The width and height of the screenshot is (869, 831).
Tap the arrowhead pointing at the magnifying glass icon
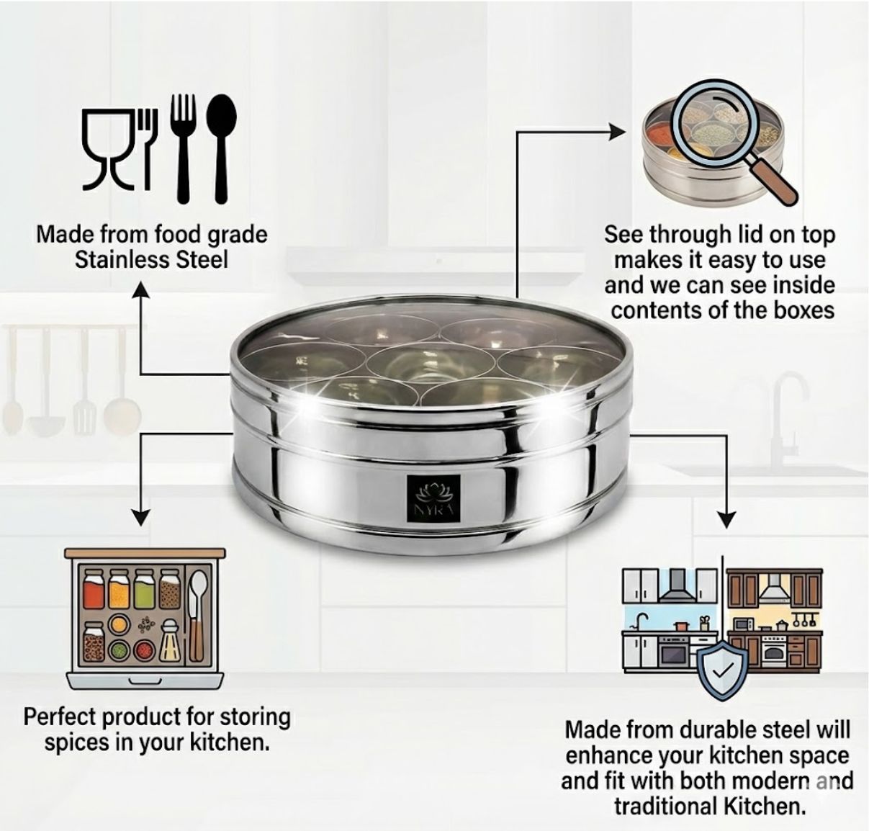tap(617, 132)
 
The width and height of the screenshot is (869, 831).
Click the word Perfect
tap(60, 717)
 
